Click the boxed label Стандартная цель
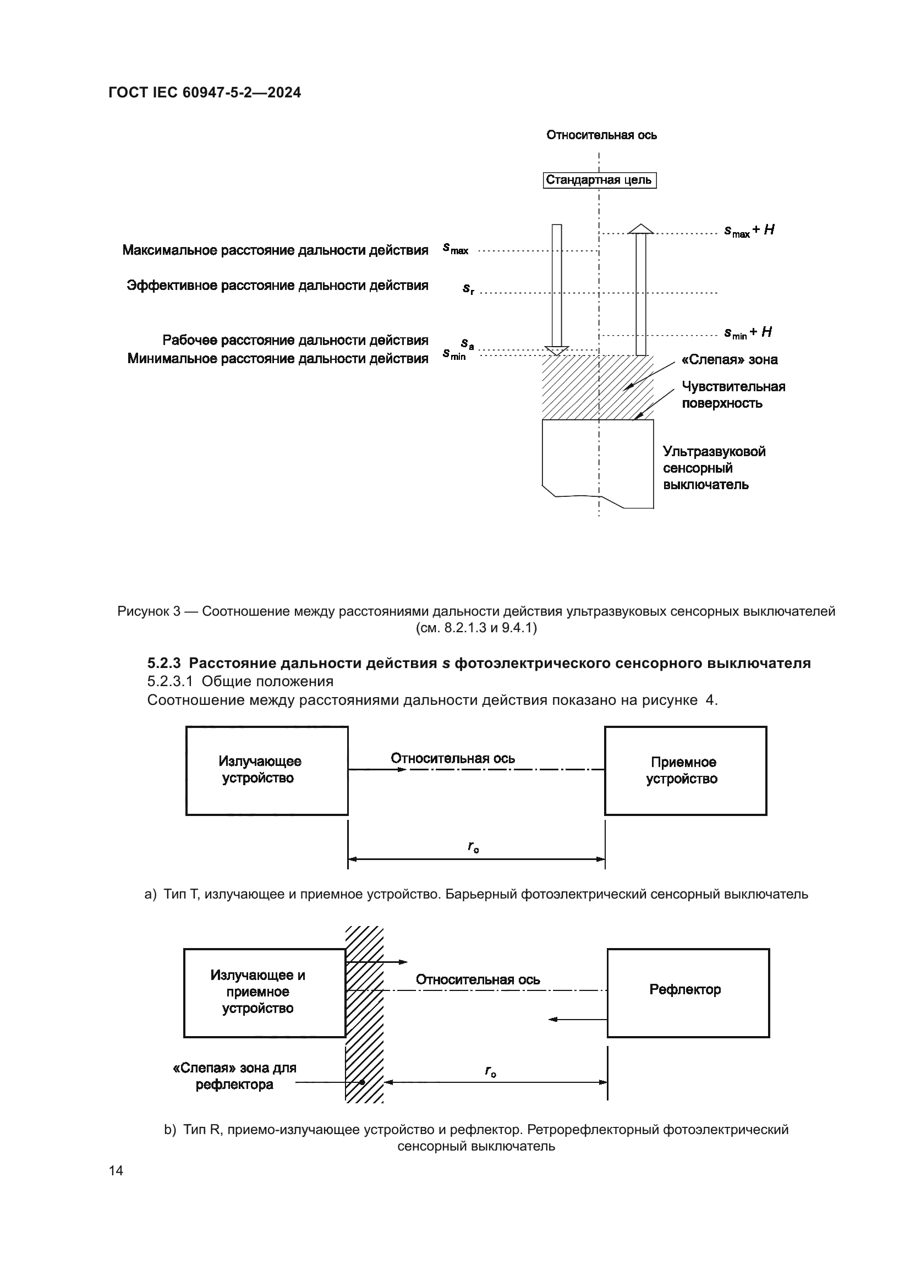(x=599, y=180)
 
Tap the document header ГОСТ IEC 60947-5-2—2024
(x=205, y=92)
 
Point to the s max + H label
(x=749, y=231)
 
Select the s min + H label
(x=748, y=332)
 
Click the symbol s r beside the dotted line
(x=468, y=289)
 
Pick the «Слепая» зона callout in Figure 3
(x=730, y=360)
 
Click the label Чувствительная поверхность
(x=733, y=395)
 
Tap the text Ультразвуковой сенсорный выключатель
(x=714, y=468)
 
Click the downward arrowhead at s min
(x=556, y=351)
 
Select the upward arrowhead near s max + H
(x=640, y=229)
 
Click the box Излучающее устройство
(x=267, y=770)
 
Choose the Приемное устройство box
(x=685, y=770)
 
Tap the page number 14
(x=116, y=1170)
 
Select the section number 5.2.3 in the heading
(x=163, y=663)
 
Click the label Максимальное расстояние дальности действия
(x=275, y=250)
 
